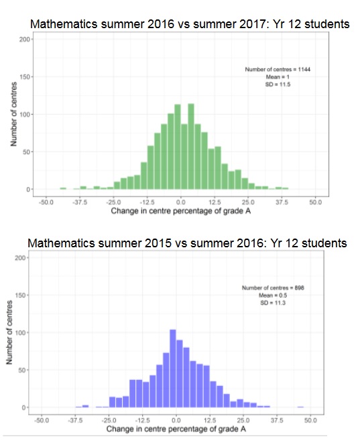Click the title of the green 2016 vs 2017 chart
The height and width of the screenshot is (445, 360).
pyautogui.click(x=190, y=24)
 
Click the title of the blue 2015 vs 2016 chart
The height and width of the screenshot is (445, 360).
pyautogui.click(x=188, y=243)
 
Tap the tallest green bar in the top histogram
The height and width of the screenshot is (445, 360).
pyautogui.click(x=191, y=147)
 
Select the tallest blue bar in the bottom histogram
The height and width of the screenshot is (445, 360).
pyautogui.click(x=173, y=369)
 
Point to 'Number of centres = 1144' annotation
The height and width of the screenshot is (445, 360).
pyautogui.click(x=278, y=69)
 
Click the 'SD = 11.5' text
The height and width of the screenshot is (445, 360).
pyautogui.click(x=278, y=84)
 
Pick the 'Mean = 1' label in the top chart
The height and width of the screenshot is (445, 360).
pyautogui.click(x=278, y=77)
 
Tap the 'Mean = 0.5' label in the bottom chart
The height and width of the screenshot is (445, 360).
pyautogui.click(x=273, y=296)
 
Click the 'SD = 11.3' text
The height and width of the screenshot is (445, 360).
pyautogui.click(x=273, y=303)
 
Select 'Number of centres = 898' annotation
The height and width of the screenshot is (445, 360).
pyautogui.click(x=273, y=288)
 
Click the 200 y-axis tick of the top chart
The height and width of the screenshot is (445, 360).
pyautogui.click(x=24, y=39)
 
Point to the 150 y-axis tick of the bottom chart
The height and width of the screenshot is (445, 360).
pyautogui.click(x=20, y=295)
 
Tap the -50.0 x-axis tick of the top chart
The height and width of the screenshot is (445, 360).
pyautogui.click(x=46, y=202)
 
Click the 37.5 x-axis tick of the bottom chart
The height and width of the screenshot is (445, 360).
pyautogui.click(x=277, y=420)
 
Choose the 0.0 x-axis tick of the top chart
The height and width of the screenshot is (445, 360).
pyautogui.click(x=180, y=202)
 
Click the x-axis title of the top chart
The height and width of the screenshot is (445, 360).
pyautogui.click(x=181, y=211)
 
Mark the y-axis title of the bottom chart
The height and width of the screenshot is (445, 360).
pyautogui.click(x=9, y=332)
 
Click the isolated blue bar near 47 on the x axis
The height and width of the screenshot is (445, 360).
pyautogui.click(x=300, y=407)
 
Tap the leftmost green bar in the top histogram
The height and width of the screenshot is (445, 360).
pyautogui.click(x=63, y=188)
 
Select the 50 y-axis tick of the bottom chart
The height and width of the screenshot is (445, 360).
pyautogui.click(x=21, y=370)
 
